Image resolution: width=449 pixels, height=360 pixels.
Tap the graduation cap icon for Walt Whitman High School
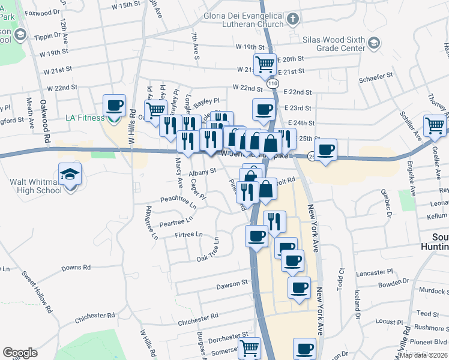click(x=70, y=175)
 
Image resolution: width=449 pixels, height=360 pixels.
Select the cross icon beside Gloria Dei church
click(x=293, y=19)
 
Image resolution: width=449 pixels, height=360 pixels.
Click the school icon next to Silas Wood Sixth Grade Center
click(x=375, y=43)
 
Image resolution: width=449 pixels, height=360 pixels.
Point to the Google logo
click(x=20, y=353)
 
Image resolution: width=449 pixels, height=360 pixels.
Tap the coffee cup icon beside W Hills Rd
click(x=114, y=106)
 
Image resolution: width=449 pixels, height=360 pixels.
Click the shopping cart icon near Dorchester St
click(x=249, y=347)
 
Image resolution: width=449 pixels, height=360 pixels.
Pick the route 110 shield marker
click(x=274, y=82)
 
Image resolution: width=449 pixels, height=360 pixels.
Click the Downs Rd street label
click(x=76, y=267)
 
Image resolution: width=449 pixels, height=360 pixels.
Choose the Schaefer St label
click(x=376, y=76)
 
